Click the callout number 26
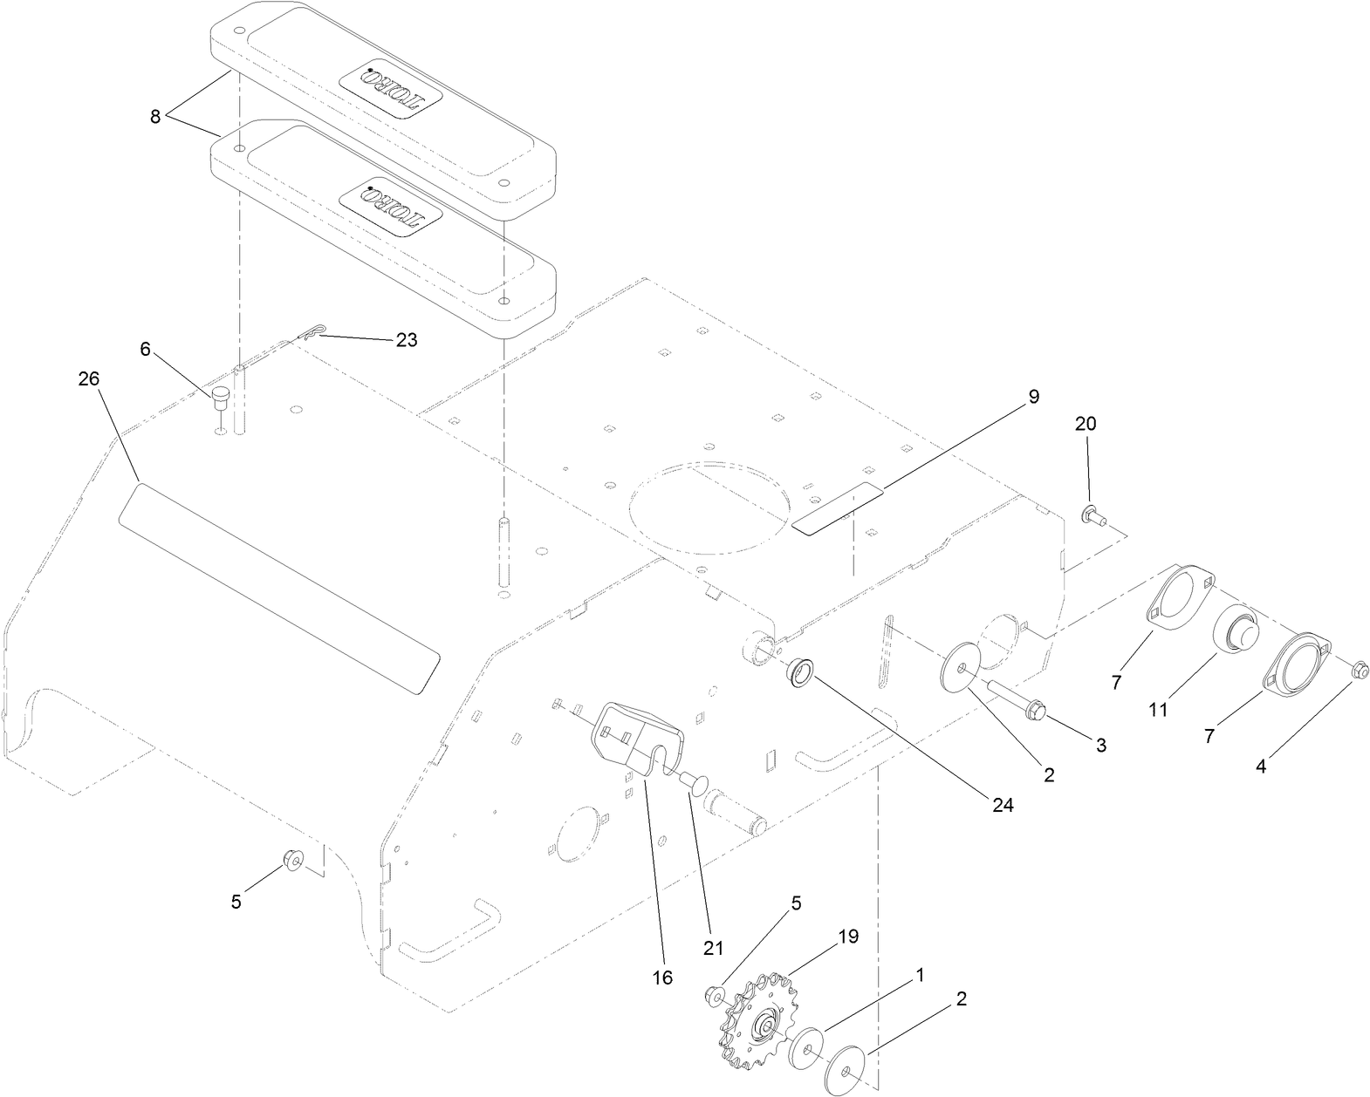(88, 379)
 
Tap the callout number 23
(407, 340)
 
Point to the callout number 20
(1086, 425)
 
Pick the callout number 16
(662, 978)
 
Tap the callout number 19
(848, 937)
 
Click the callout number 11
(1157, 711)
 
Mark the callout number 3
(1100, 746)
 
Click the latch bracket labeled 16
(637, 732)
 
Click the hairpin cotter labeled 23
(314, 331)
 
